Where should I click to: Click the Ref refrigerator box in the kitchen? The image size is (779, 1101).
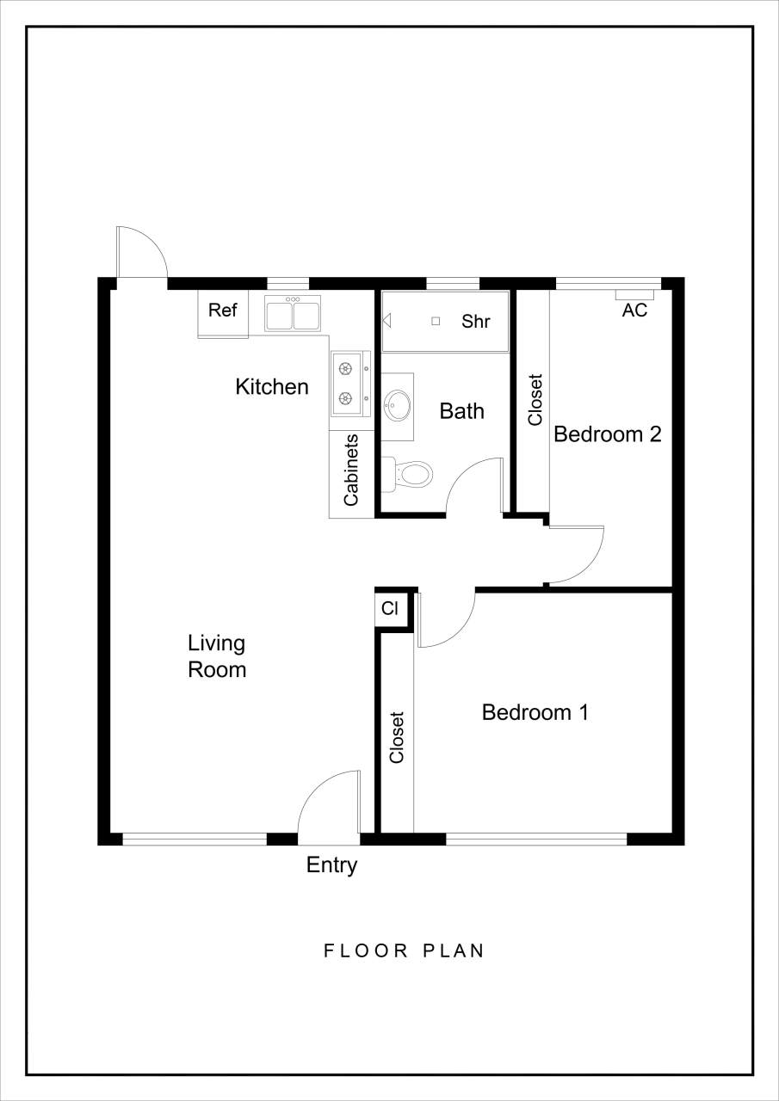click(x=223, y=313)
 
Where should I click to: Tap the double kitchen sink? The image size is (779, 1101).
click(x=293, y=314)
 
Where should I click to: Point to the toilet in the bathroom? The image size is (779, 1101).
click(x=408, y=474)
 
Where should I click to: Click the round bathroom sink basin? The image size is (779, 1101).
click(x=398, y=405)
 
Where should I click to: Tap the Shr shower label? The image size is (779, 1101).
click(x=476, y=322)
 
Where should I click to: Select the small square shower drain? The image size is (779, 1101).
click(x=436, y=321)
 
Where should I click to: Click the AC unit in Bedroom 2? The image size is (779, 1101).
click(x=634, y=295)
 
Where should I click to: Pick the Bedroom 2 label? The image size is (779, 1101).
click(x=607, y=434)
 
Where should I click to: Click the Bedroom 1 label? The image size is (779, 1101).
click(x=535, y=712)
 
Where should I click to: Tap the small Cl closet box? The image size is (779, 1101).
click(x=390, y=609)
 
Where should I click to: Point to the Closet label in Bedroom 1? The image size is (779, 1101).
click(x=397, y=737)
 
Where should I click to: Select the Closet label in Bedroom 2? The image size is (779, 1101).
click(x=535, y=399)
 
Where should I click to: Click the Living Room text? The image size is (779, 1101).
click(x=217, y=656)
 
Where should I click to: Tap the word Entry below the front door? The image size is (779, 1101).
click(x=331, y=865)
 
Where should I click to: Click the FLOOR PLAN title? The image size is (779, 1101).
click(x=404, y=951)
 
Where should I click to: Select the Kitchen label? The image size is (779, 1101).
click(x=272, y=387)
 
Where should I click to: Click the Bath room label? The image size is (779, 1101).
click(x=462, y=411)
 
